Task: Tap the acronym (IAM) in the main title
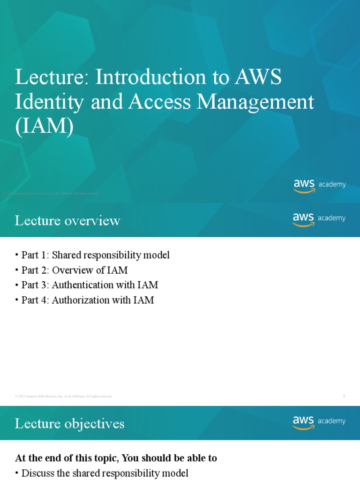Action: coord(44,127)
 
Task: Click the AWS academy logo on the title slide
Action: coord(320,185)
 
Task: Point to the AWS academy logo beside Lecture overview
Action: coord(319,219)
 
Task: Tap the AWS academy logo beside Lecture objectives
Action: coord(319,422)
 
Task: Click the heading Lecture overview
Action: coord(67,220)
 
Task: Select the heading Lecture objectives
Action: coord(69,424)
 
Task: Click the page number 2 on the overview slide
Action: coord(344,397)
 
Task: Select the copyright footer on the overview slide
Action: coord(63,397)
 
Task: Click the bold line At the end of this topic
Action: coord(116,458)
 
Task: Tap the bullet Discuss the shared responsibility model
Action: coord(105,473)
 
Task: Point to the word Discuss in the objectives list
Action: coord(37,473)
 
